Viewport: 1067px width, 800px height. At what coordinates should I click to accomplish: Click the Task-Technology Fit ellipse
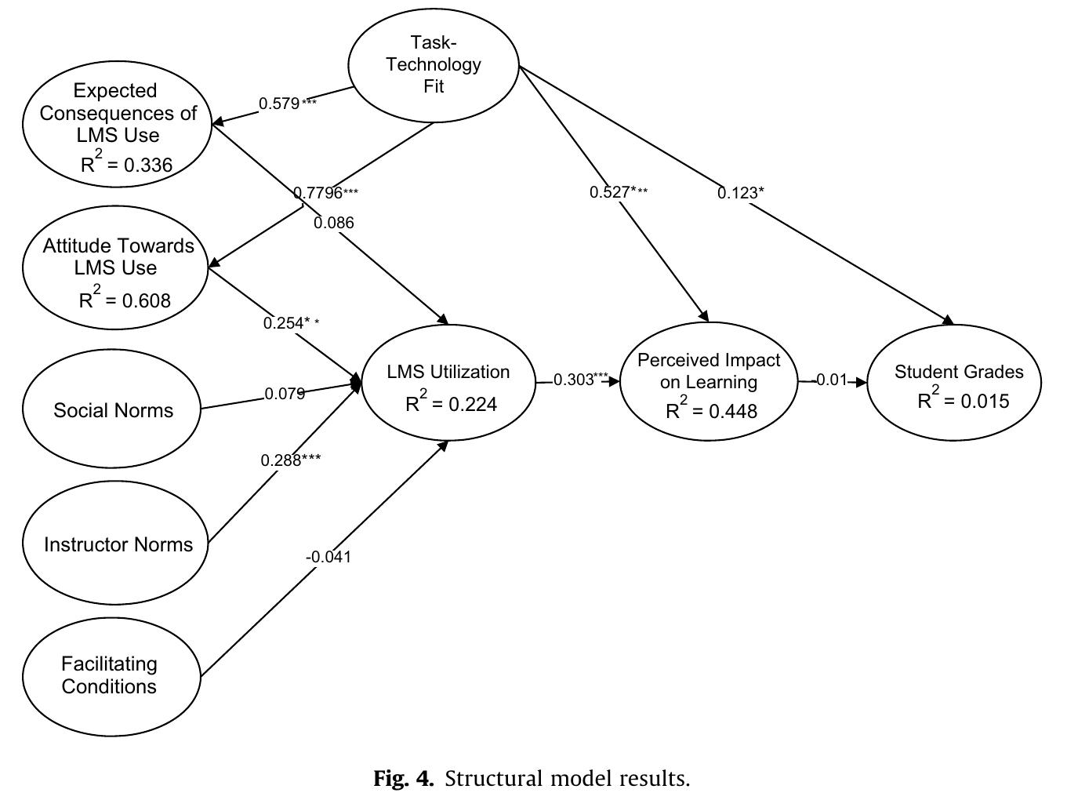click(434, 65)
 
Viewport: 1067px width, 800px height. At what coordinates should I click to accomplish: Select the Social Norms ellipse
click(113, 409)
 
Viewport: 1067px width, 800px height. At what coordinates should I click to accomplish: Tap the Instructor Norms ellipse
click(118, 544)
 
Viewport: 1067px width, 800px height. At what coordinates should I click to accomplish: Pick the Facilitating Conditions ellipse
click(110, 675)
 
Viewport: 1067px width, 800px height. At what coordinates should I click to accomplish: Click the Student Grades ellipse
click(955, 383)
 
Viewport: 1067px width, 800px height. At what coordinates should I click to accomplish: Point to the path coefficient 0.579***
click(288, 104)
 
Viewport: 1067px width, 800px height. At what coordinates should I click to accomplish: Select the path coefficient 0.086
click(334, 223)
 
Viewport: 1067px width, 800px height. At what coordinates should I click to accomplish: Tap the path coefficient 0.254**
click(291, 323)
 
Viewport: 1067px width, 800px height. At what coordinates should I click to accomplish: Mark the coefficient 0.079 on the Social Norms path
click(285, 394)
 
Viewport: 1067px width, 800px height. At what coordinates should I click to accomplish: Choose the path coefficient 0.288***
click(291, 460)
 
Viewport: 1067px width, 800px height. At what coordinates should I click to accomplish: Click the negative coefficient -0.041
click(328, 557)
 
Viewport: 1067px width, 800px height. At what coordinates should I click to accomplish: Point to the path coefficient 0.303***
click(580, 380)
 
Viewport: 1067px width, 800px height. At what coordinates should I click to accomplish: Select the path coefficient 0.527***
click(619, 192)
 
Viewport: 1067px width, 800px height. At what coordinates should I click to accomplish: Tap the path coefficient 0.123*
click(740, 193)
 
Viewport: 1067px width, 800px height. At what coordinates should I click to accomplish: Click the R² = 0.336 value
click(126, 164)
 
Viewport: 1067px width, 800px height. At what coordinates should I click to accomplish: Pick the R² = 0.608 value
click(125, 299)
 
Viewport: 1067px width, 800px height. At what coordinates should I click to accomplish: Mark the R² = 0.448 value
click(711, 410)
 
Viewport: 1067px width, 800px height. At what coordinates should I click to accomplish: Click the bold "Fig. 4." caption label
click(403, 779)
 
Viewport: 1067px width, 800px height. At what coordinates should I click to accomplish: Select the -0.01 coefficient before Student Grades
click(831, 380)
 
